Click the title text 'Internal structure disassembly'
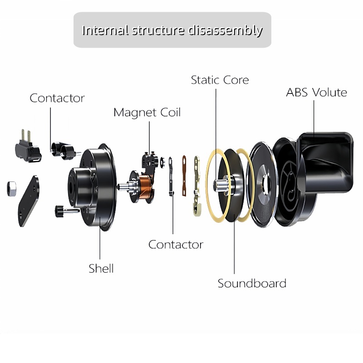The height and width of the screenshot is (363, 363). coord(172,30)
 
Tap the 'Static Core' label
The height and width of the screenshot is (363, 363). coord(220,80)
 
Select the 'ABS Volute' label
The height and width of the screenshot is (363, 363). coord(316,93)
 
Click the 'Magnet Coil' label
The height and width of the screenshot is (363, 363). coord(147,112)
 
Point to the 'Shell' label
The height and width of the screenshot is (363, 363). coord(101,268)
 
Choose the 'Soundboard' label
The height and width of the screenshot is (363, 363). coord(252,284)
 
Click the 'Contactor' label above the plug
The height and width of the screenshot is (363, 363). coord(57,98)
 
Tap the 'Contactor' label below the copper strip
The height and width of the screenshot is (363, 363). coord(176,245)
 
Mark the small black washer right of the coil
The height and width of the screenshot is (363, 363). coord(162,162)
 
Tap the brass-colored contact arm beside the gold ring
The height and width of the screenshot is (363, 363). coord(196,184)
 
